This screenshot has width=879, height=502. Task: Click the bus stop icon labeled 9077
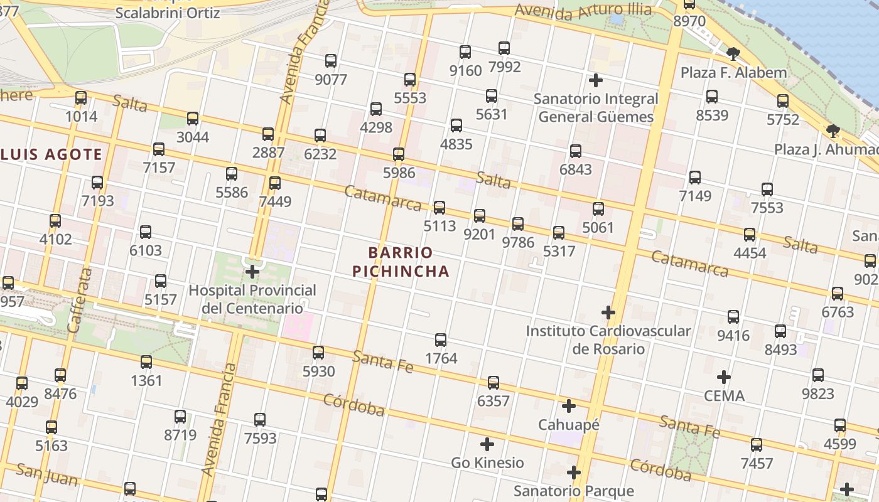click(331, 61)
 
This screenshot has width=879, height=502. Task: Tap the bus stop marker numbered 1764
click(441, 340)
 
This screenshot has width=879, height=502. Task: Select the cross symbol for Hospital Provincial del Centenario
click(252, 272)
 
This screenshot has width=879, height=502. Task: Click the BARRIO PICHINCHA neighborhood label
click(401, 262)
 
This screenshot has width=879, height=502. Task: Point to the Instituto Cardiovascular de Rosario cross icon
click(608, 312)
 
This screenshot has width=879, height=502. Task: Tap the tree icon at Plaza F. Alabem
click(733, 54)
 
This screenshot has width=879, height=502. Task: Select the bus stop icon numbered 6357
click(493, 382)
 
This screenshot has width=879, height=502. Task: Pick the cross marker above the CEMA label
click(724, 377)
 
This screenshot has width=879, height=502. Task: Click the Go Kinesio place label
click(487, 462)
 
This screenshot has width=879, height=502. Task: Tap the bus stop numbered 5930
click(318, 353)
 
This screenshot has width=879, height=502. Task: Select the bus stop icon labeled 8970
click(689, 5)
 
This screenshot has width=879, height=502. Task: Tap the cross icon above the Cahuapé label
click(569, 406)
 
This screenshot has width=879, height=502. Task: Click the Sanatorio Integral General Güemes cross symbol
click(595, 80)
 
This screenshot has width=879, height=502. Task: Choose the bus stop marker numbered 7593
click(260, 419)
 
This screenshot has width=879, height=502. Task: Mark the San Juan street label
click(47, 474)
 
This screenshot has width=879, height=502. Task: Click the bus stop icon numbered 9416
click(733, 317)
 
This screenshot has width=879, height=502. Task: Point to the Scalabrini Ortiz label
click(168, 13)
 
